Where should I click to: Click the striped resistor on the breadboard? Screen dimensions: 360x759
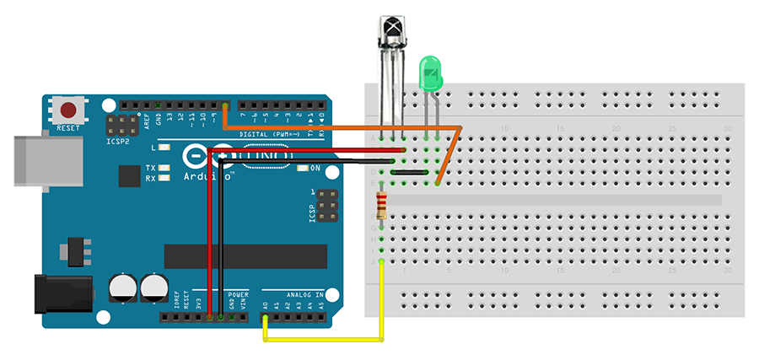click(x=384, y=204)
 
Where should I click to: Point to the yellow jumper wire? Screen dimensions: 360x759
click(x=325, y=340)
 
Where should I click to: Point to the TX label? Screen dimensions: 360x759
click(x=150, y=168)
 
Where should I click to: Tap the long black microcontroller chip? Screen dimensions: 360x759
click(x=245, y=256)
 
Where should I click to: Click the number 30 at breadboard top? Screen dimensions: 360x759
click(x=728, y=128)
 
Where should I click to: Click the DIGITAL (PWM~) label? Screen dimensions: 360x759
click(x=270, y=134)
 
